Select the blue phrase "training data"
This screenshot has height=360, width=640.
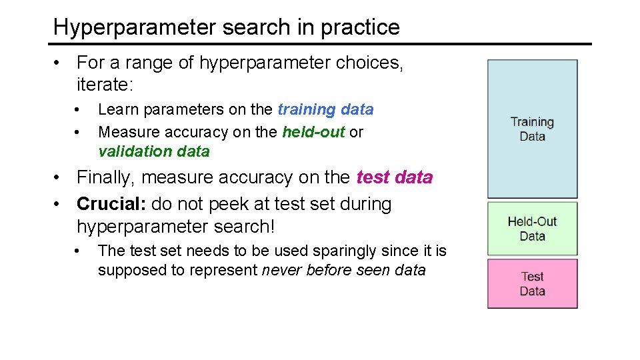click(325, 109)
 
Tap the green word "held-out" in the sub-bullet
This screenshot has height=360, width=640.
click(313, 132)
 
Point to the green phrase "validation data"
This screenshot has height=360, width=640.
click(154, 152)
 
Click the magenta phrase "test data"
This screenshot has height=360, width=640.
click(395, 177)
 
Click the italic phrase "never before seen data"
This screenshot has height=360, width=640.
click(343, 271)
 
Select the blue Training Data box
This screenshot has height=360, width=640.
click(532, 129)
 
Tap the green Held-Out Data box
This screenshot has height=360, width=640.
click(532, 229)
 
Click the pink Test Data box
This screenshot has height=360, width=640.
click(532, 283)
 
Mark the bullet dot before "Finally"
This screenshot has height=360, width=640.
click(60, 177)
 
